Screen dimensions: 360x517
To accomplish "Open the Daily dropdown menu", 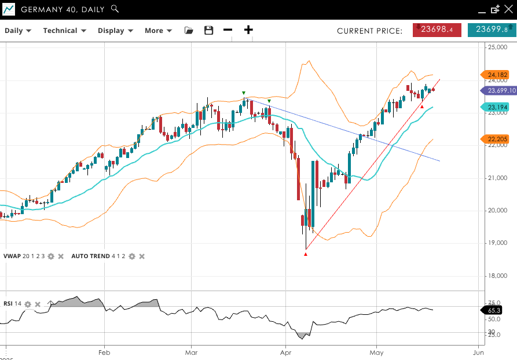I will pyautogui.click(x=18, y=31).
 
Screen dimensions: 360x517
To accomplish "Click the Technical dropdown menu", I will pyautogui.click(x=64, y=31).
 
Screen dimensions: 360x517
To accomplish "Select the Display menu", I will pyautogui.click(x=115, y=31).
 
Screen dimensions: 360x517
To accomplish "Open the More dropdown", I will pyautogui.click(x=158, y=31).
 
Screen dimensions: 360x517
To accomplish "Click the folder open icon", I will pyautogui.click(x=189, y=31).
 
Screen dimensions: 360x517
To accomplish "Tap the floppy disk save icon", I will pyautogui.click(x=209, y=31).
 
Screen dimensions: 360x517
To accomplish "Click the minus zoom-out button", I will pyautogui.click(x=228, y=30).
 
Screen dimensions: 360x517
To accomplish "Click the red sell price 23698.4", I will pyautogui.click(x=437, y=30).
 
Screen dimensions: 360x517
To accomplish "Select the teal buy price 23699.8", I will pyautogui.click(x=492, y=30).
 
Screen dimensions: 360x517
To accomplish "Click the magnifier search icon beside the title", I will pyautogui.click(x=115, y=9).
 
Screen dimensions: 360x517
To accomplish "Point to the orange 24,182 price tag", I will pyautogui.click(x=496, y=75).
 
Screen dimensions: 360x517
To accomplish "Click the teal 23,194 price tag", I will pyautogui.click(x=496, y=107).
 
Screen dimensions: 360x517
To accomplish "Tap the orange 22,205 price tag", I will pyautogui.click(x=496, y=139).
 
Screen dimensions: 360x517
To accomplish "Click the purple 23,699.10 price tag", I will pyautogui.click(x=499, y=90).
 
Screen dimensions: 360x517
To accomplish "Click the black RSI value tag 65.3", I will pyautogui.click(x=494, y=311).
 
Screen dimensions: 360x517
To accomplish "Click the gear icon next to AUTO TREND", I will pyautogui.click(x=132, y=256).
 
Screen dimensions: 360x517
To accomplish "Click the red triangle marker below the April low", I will pyautogui.click(x=306, y=254).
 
